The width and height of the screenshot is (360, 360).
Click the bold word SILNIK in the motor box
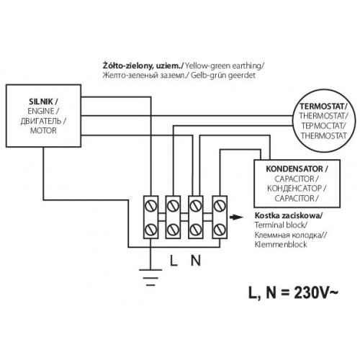(41, 102)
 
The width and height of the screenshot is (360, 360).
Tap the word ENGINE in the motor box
(41, 111)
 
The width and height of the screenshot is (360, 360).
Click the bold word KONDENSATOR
(294, 169)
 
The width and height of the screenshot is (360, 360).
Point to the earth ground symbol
(150, 277)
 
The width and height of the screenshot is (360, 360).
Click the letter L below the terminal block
(174, 261)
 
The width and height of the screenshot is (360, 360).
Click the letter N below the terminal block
(196, 261)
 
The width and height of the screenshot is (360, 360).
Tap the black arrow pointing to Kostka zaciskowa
(236, 217)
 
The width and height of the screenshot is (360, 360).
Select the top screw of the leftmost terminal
(150, 206)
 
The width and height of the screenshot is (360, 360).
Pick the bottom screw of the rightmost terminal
(220, 230)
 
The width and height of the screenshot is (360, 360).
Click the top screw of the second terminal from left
(173, 206)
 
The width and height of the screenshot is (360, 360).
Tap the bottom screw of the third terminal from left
(196, 230)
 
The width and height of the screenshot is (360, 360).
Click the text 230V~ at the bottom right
(316, 293)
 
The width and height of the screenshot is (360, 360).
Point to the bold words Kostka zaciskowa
(288, 215)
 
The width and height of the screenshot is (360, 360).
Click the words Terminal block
(281, 225)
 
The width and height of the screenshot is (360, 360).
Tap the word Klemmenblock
(281, 245)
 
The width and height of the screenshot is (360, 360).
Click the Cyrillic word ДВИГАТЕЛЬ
(41, 121)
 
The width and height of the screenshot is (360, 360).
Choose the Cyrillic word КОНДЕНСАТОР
(294, 189)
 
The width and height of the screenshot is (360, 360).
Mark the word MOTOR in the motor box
(43, 131)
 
